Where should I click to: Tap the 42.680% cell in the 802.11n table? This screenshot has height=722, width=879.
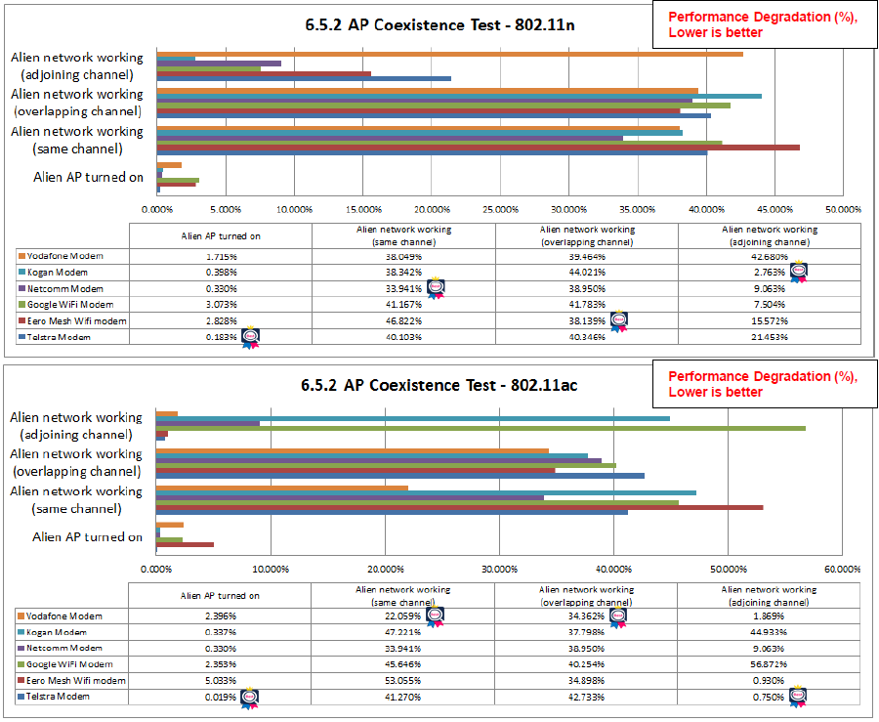[x=769, y=256]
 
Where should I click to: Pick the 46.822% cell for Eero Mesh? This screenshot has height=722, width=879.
[x=402, y=320]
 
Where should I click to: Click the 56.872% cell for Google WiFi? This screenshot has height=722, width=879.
[x=768, y=664]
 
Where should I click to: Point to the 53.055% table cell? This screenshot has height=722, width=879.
[x=402, y=681]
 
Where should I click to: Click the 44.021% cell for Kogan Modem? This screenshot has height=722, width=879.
[x=586, y=273]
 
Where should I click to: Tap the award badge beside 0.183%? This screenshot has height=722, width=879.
[x=250, y=337]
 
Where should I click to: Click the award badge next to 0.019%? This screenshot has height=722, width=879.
[x=250, y=698]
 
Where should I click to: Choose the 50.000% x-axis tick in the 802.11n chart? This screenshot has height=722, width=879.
[x=842, y=209]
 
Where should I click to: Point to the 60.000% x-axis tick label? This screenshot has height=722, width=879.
[x=842, y=569]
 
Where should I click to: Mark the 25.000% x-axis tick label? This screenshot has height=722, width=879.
[x=500, y=209]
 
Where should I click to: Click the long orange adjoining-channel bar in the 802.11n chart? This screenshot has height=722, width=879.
[x=449, y=55]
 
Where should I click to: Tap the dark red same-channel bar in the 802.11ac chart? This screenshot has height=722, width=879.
[x=459, y=507]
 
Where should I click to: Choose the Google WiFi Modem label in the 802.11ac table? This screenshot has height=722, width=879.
[x=65, y=664]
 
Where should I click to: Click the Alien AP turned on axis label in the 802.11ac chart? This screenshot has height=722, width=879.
[x=87, y=537]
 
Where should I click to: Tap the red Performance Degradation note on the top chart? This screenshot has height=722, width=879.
[x=762, y=24]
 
